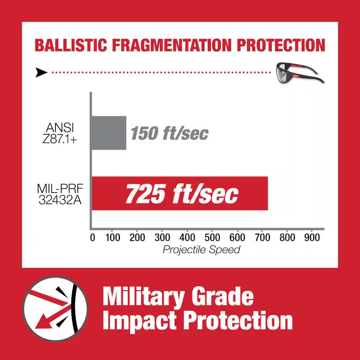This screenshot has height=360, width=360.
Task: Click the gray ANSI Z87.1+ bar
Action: coord(109,133)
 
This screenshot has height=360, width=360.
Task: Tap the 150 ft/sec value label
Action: coord(169,133)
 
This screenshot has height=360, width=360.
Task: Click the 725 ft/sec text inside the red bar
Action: coord(182,193)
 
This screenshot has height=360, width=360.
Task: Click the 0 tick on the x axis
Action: coord(93,237)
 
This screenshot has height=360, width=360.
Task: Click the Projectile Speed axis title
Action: coord(202,249)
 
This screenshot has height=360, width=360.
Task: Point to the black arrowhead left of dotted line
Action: coord(41,72)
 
